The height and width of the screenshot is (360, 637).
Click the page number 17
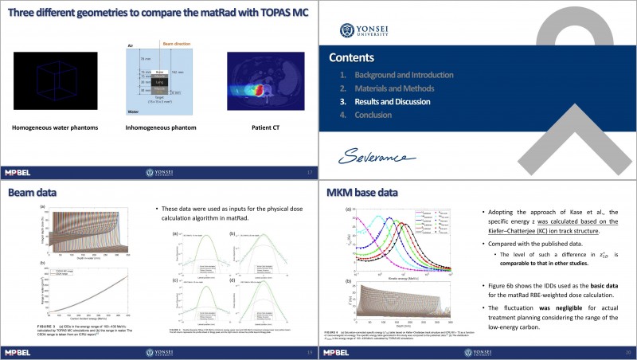[309, 172]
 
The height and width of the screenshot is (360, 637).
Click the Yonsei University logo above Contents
[354, 29]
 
